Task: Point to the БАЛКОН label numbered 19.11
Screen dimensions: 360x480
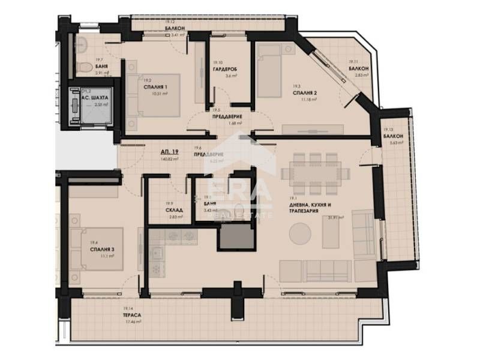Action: point(358,69)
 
